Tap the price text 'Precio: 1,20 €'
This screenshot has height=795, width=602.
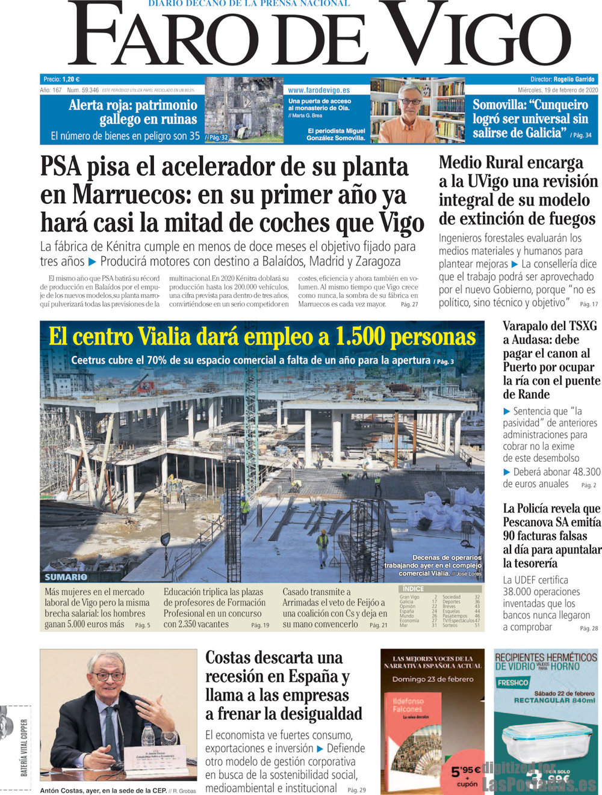click(61, 79)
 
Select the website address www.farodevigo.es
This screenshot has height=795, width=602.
click(318, 90)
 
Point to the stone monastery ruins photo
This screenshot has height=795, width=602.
click(244, 109)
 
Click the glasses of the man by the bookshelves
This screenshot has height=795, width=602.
click(410, 101)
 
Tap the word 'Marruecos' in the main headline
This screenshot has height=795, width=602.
click(117, 195)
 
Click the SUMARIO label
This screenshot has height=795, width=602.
click(66, 577)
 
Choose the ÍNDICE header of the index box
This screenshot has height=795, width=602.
click(413, 589)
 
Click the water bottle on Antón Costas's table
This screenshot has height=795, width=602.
click(148, 735)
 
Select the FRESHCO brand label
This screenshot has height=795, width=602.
click(513, 683)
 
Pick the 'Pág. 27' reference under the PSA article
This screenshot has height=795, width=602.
click(409, 304)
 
